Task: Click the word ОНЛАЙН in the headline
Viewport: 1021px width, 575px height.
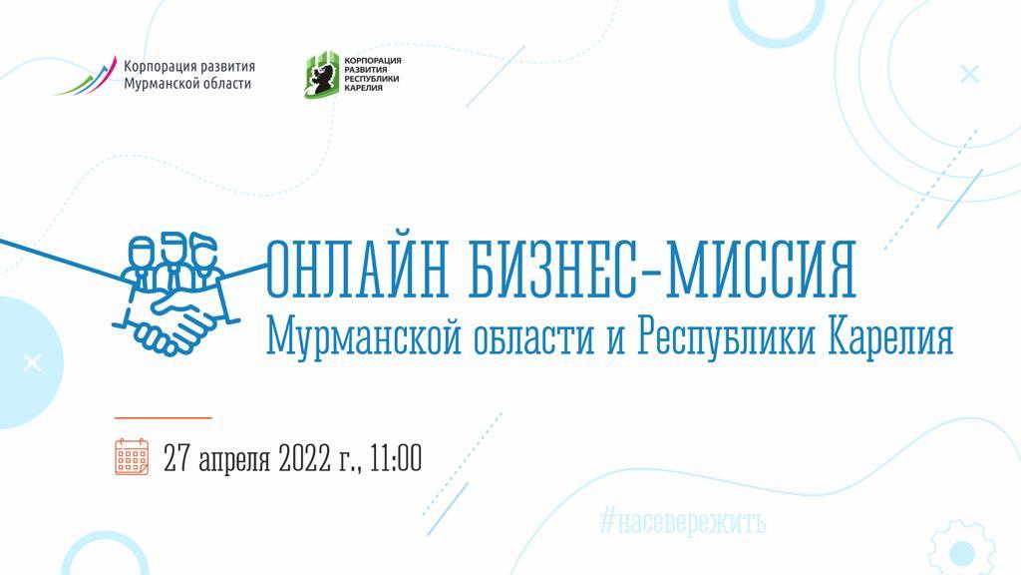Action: pyautogui.click(x=357, y=270)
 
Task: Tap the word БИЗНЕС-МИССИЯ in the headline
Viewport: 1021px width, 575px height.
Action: pyautogui.click(x=662, y=270)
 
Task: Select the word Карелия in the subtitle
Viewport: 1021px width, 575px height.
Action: pyautogui.click(x=890, y=337)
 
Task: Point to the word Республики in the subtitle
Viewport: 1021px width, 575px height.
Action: pyautogui.click(x=726, y=337)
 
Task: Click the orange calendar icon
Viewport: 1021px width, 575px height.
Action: pyautogui.click(x=132, y=456)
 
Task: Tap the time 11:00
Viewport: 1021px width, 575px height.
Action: pyautogui.click(x=396, y=457)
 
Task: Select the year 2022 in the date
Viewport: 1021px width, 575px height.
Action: pyautogui.click(x=304, y=457)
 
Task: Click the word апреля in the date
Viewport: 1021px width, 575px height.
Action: pyautogui.click(x=233, y=459)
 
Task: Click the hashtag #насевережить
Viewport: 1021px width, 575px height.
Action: pyautogui.click(x=682, y=522)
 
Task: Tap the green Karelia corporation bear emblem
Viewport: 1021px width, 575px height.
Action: pyautogui.click(x=322, y=74)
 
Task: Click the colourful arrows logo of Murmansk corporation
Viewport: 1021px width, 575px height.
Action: pyautogui.click(x=87, y=76)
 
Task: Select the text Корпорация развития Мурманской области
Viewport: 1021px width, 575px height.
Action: pyautogui.click(x=188, y=75)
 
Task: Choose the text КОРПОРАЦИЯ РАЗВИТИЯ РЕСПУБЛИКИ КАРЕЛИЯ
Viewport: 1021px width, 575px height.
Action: pyautogui.click(x=373, y=74)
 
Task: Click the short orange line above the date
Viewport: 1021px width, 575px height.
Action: pyautogui.click(x=164, y=417)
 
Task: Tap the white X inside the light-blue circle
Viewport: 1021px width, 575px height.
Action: pyautogui.click(x=32, y=363)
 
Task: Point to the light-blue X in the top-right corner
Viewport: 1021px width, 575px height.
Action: pyautogui.click(x=969, y=74)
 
